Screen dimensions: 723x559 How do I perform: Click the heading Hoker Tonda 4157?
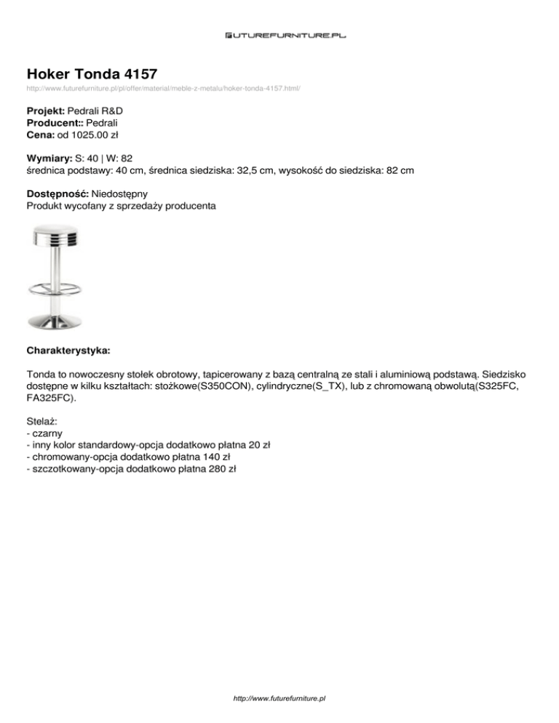91,73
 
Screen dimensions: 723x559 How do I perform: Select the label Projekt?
45,111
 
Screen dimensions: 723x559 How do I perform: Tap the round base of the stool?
55,320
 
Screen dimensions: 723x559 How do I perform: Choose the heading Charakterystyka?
68,350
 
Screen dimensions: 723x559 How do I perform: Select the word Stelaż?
41,420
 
